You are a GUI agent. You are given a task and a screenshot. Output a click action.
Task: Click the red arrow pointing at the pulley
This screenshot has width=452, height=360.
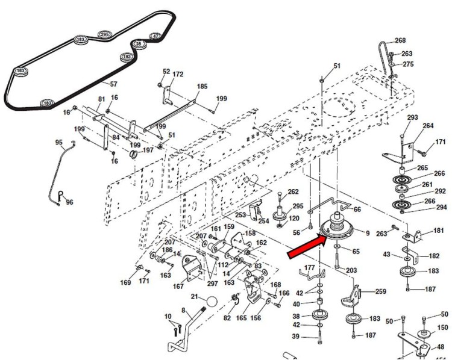(x=308, y=247)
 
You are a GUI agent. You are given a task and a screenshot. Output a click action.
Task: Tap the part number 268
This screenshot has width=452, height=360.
(x=400, y=41)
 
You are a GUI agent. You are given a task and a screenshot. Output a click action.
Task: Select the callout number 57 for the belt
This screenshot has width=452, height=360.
(x=113, y=84)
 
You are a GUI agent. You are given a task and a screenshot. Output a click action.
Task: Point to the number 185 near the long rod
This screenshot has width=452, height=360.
(x=202, y=87)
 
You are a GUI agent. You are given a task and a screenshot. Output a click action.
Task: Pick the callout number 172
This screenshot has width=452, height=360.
(x=178, y=74)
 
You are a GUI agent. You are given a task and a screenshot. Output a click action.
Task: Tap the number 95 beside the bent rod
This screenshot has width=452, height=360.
(x=59, y=143)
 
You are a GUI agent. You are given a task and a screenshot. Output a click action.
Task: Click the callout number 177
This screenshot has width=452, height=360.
(x=310, y=267)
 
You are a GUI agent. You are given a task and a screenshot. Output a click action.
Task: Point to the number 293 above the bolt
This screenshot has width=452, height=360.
(x=412, y=117)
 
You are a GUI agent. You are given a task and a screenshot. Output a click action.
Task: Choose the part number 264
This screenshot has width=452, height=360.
(x=428, y=126)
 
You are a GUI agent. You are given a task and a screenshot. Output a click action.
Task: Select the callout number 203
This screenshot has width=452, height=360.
(x=351, y=270)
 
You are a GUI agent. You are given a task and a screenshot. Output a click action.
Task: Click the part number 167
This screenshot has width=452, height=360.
(x=178, y=287)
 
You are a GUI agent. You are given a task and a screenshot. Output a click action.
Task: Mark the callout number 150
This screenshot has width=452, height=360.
(x=442, y=327)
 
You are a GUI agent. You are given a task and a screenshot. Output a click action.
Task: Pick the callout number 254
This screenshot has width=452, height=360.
(x=264, y=221)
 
